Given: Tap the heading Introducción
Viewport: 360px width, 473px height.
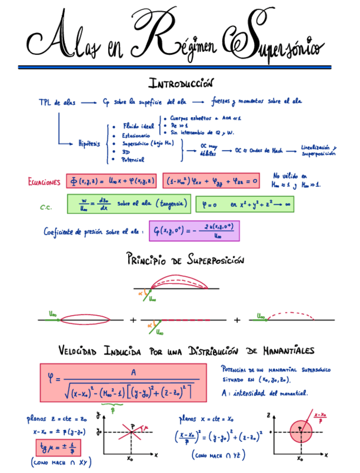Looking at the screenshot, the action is point(181,84).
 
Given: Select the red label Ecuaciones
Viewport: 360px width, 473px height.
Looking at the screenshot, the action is point(44,182).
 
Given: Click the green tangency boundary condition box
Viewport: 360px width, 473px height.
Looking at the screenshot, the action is point(129,204).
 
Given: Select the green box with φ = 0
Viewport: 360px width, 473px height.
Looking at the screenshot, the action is point(245,204).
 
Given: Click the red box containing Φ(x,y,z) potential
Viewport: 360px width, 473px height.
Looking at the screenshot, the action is point(112,181).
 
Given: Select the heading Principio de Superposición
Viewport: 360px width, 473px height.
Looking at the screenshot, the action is point(185,259).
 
